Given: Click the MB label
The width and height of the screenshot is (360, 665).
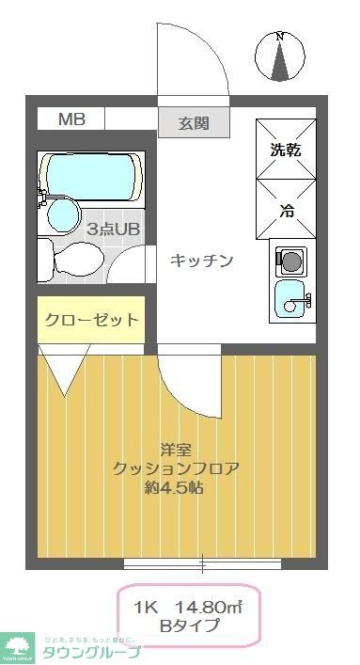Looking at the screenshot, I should [x=71, y=119].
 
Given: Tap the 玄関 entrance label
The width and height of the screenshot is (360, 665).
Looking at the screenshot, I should [x=195, y=122].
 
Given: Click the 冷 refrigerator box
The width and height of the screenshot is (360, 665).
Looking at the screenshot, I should [x=286, y=210].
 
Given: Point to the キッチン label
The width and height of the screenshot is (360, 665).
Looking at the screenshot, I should [x=200, y=261].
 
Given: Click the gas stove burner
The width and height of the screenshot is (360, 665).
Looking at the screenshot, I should [x=290, y=260].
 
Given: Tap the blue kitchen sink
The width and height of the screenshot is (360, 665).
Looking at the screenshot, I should [x=290, y=300].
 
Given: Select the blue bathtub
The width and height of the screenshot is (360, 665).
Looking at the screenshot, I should [x=91, y=176].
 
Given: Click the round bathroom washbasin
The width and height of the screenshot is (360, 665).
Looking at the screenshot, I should [x=62, y=214].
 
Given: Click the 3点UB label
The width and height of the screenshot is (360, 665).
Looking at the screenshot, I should [x=113, y=229].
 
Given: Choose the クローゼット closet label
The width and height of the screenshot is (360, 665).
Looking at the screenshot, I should [x=91, y=320].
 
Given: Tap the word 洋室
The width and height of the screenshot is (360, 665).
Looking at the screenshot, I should [x=175, y=450].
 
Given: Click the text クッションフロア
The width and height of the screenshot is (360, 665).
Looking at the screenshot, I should [x=175, y=468].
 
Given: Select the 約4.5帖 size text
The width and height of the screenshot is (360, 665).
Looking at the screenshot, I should [x=175, y=488].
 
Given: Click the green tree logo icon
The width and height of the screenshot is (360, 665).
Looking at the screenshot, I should [x=17, y=645].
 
